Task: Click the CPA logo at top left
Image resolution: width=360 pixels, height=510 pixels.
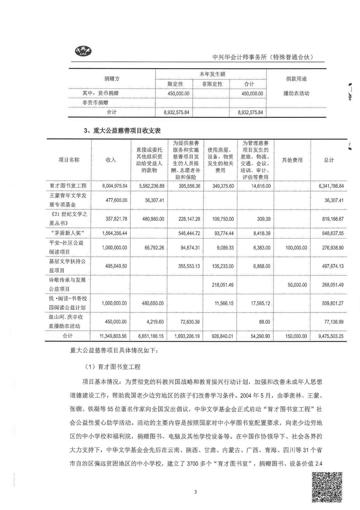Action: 84,51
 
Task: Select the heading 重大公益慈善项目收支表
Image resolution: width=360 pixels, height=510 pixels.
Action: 122,131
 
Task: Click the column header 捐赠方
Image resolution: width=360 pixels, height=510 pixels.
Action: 112,79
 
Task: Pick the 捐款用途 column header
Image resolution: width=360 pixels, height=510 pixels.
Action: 296,79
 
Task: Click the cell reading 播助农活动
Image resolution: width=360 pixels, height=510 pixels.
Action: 296,93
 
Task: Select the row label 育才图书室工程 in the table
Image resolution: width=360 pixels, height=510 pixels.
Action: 68,186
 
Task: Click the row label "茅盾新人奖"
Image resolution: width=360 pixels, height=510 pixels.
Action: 68,233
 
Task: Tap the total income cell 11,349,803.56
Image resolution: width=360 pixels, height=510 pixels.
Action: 113,336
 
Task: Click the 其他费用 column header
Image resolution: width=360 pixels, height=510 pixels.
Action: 292,160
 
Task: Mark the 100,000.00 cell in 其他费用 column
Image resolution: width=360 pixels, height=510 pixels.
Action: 296,248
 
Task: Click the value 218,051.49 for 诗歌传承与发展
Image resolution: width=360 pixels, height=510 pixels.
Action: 223,285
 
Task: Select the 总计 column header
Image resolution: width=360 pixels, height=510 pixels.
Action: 329,160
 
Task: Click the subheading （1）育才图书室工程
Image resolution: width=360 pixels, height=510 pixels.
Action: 113,367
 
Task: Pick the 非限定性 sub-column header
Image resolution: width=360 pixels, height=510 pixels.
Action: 212,84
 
